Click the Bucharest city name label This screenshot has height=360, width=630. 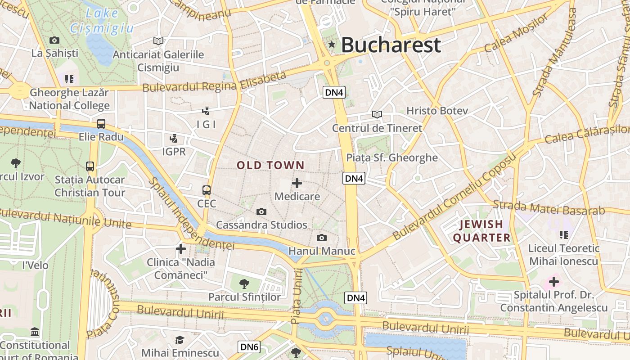(x=391, y=45)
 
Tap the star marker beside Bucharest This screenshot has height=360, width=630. (x=332, y=44)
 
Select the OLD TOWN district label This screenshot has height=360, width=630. (x=270, y=165)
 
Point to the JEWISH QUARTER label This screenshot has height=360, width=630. (x=481, y=231)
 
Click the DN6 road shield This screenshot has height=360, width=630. (x=249, y=347)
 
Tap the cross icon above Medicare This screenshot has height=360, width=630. (x=297, y=183)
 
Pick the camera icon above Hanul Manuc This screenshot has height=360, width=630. (x=322, y=238)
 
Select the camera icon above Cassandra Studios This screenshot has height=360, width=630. (x=261, y=211)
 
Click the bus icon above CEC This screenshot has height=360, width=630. (x=207, y=190)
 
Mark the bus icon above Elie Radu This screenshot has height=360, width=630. (x=101, y=124)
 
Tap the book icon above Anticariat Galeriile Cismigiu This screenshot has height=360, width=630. (x=158, y=41)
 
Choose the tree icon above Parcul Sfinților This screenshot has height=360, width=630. (x=244, y=283)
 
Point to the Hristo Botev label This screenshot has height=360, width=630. (x=437, y=111)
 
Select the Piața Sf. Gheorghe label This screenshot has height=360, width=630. (x=392, y=157)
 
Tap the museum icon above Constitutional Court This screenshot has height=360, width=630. (x=35, y=333)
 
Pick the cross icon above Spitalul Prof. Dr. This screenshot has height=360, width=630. (x=553, y=282)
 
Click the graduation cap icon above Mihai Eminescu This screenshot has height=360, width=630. (x=180, y=340)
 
